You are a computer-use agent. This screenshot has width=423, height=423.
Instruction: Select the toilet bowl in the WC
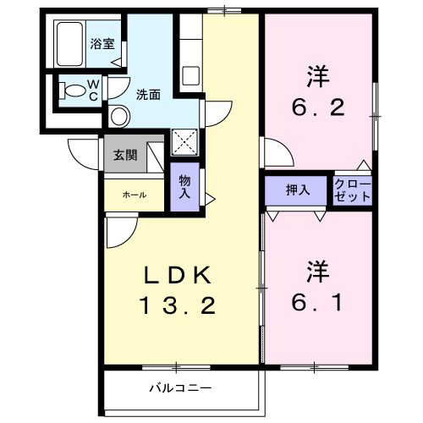click(73, 90)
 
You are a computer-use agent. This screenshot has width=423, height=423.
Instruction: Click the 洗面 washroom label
click(149, 95)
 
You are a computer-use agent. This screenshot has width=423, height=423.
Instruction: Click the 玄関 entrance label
click(124, 155)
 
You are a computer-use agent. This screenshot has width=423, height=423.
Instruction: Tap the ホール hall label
click(134, 195)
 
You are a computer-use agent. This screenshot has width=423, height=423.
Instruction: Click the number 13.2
click(179, 305)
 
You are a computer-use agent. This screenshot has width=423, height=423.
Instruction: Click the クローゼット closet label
click(352, 190)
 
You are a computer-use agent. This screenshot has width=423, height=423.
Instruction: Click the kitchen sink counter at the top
click(190, 51)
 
